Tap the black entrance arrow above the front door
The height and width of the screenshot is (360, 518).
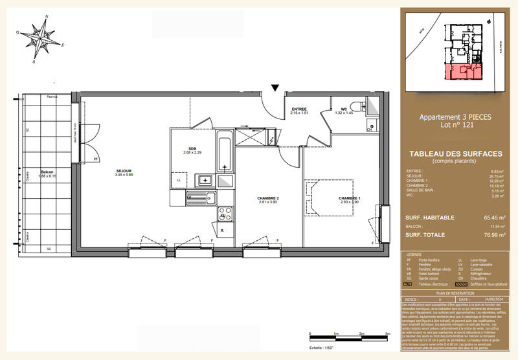pyautogui.click(x=276, y=88)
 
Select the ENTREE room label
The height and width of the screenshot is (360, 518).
pyautogui.click(x=299, y=109)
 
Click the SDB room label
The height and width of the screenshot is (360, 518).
pyautogui.click(x=192, y=148)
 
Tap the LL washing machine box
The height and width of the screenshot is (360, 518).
pyautogui.click(x=179, y=180)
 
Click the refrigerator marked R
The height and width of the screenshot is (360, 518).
pyautogui.click(x=222, y=230)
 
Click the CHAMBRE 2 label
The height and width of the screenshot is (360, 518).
pyautogui.click(x=268, y=198)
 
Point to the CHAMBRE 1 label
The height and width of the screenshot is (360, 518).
pyautogui.click(x=349, y=198)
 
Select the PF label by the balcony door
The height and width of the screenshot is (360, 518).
pyautogui.click(x=96, y=159)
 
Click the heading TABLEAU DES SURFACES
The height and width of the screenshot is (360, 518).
pyautogui.click(x=456, y=153)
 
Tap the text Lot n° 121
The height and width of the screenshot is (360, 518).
pyautogui.click(x=456, y=124)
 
